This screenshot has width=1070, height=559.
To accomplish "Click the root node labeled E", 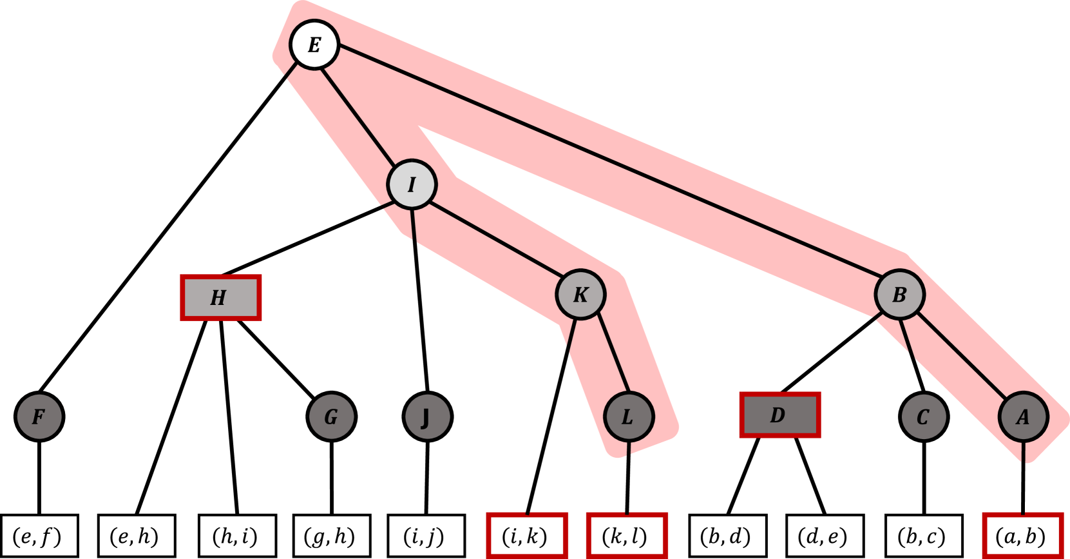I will click(314, 44).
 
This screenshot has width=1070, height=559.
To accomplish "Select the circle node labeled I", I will click(412, 184).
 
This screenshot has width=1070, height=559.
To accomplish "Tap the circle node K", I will click(581, 294).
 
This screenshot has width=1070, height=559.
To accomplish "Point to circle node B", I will click(900, 294).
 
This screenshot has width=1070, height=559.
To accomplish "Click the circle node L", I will click(629, 417).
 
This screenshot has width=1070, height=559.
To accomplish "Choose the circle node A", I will click(1023, 417).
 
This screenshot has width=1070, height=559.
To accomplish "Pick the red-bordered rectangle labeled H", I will click(220, 297).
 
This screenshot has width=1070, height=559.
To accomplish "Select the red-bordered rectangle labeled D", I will click(779, 415).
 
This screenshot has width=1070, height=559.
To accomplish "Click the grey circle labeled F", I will click(39, 417).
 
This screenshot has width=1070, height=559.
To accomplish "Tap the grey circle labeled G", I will click(331, 417).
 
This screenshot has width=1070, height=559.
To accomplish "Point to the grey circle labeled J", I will click(427, 417).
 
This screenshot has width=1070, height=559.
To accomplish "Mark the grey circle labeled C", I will click(924, 417).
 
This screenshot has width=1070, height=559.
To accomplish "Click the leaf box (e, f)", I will click(39, 536).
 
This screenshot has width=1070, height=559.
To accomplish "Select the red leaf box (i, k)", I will click(526, 536).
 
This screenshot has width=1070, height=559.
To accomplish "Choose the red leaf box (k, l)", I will click(626, 536).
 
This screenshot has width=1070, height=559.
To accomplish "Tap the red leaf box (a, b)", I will click(1022, 536).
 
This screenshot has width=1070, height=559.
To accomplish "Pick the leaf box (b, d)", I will click(727, 536).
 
